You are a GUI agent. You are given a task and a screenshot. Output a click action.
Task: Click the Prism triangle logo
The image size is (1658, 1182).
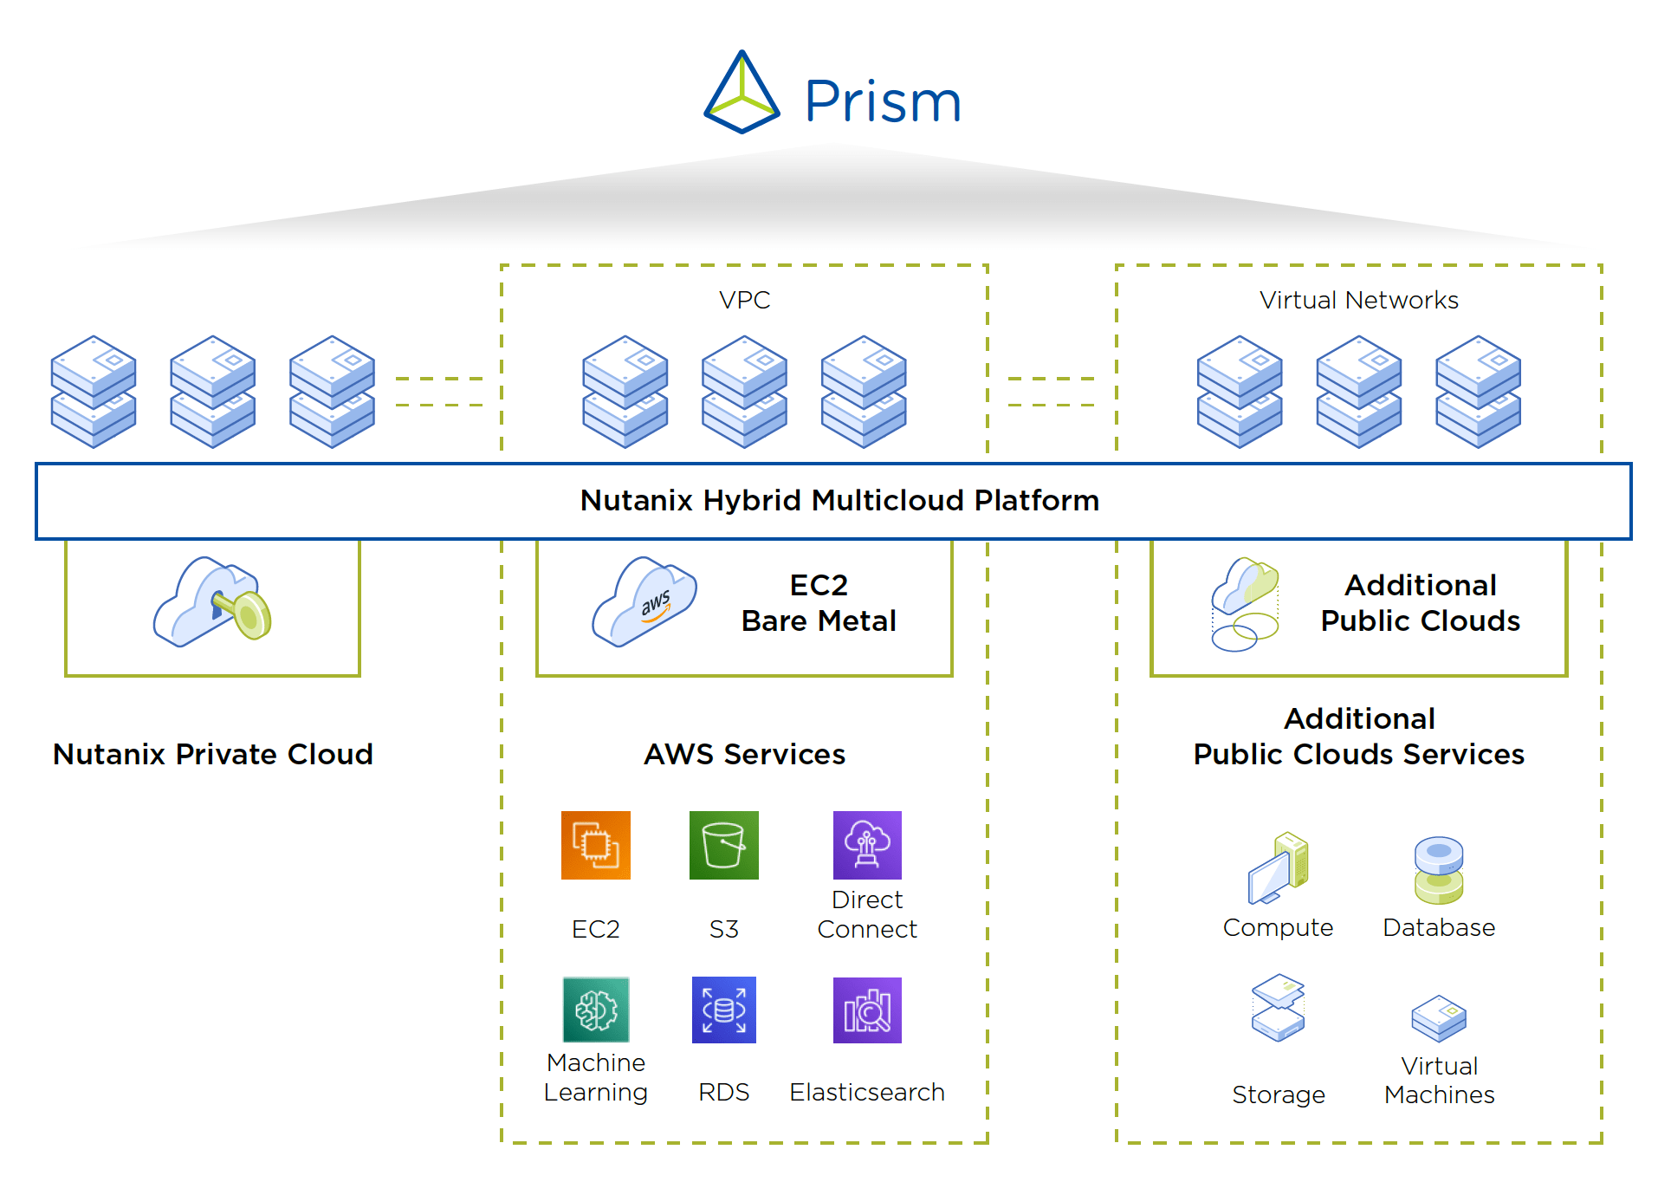742,93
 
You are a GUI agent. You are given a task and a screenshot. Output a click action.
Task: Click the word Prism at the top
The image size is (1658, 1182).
883,101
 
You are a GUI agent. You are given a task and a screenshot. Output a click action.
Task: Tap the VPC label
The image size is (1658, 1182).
744,300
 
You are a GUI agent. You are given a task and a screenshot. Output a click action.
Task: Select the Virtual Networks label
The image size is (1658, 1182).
1358,300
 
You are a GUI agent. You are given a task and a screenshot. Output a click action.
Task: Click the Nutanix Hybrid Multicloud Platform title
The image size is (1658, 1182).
839,500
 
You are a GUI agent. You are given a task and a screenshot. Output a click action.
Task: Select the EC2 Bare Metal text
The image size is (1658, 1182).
819,603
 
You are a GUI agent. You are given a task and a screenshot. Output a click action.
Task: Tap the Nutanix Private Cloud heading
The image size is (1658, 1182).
212,754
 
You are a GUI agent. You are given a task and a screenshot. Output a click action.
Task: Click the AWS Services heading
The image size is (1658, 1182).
744,754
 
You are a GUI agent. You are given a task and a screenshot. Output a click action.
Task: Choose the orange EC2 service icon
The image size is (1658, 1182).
595,845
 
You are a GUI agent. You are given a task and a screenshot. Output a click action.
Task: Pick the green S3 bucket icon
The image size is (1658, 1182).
723,845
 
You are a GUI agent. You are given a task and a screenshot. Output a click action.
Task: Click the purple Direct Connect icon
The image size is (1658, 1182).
866,845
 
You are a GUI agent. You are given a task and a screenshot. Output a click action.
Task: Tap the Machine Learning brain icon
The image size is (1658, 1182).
595,1010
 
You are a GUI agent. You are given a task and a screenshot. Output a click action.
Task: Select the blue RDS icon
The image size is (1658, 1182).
723,1010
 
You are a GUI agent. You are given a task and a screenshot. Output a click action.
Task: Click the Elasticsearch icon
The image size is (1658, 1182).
866,1010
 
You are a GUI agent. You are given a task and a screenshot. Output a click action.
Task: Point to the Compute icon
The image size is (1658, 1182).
1278,868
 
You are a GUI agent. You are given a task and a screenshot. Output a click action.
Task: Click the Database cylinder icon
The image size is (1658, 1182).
1438,870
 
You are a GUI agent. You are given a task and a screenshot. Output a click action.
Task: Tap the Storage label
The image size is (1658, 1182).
1278,1094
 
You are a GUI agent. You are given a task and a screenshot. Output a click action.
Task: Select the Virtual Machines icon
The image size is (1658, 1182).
1438,1017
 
